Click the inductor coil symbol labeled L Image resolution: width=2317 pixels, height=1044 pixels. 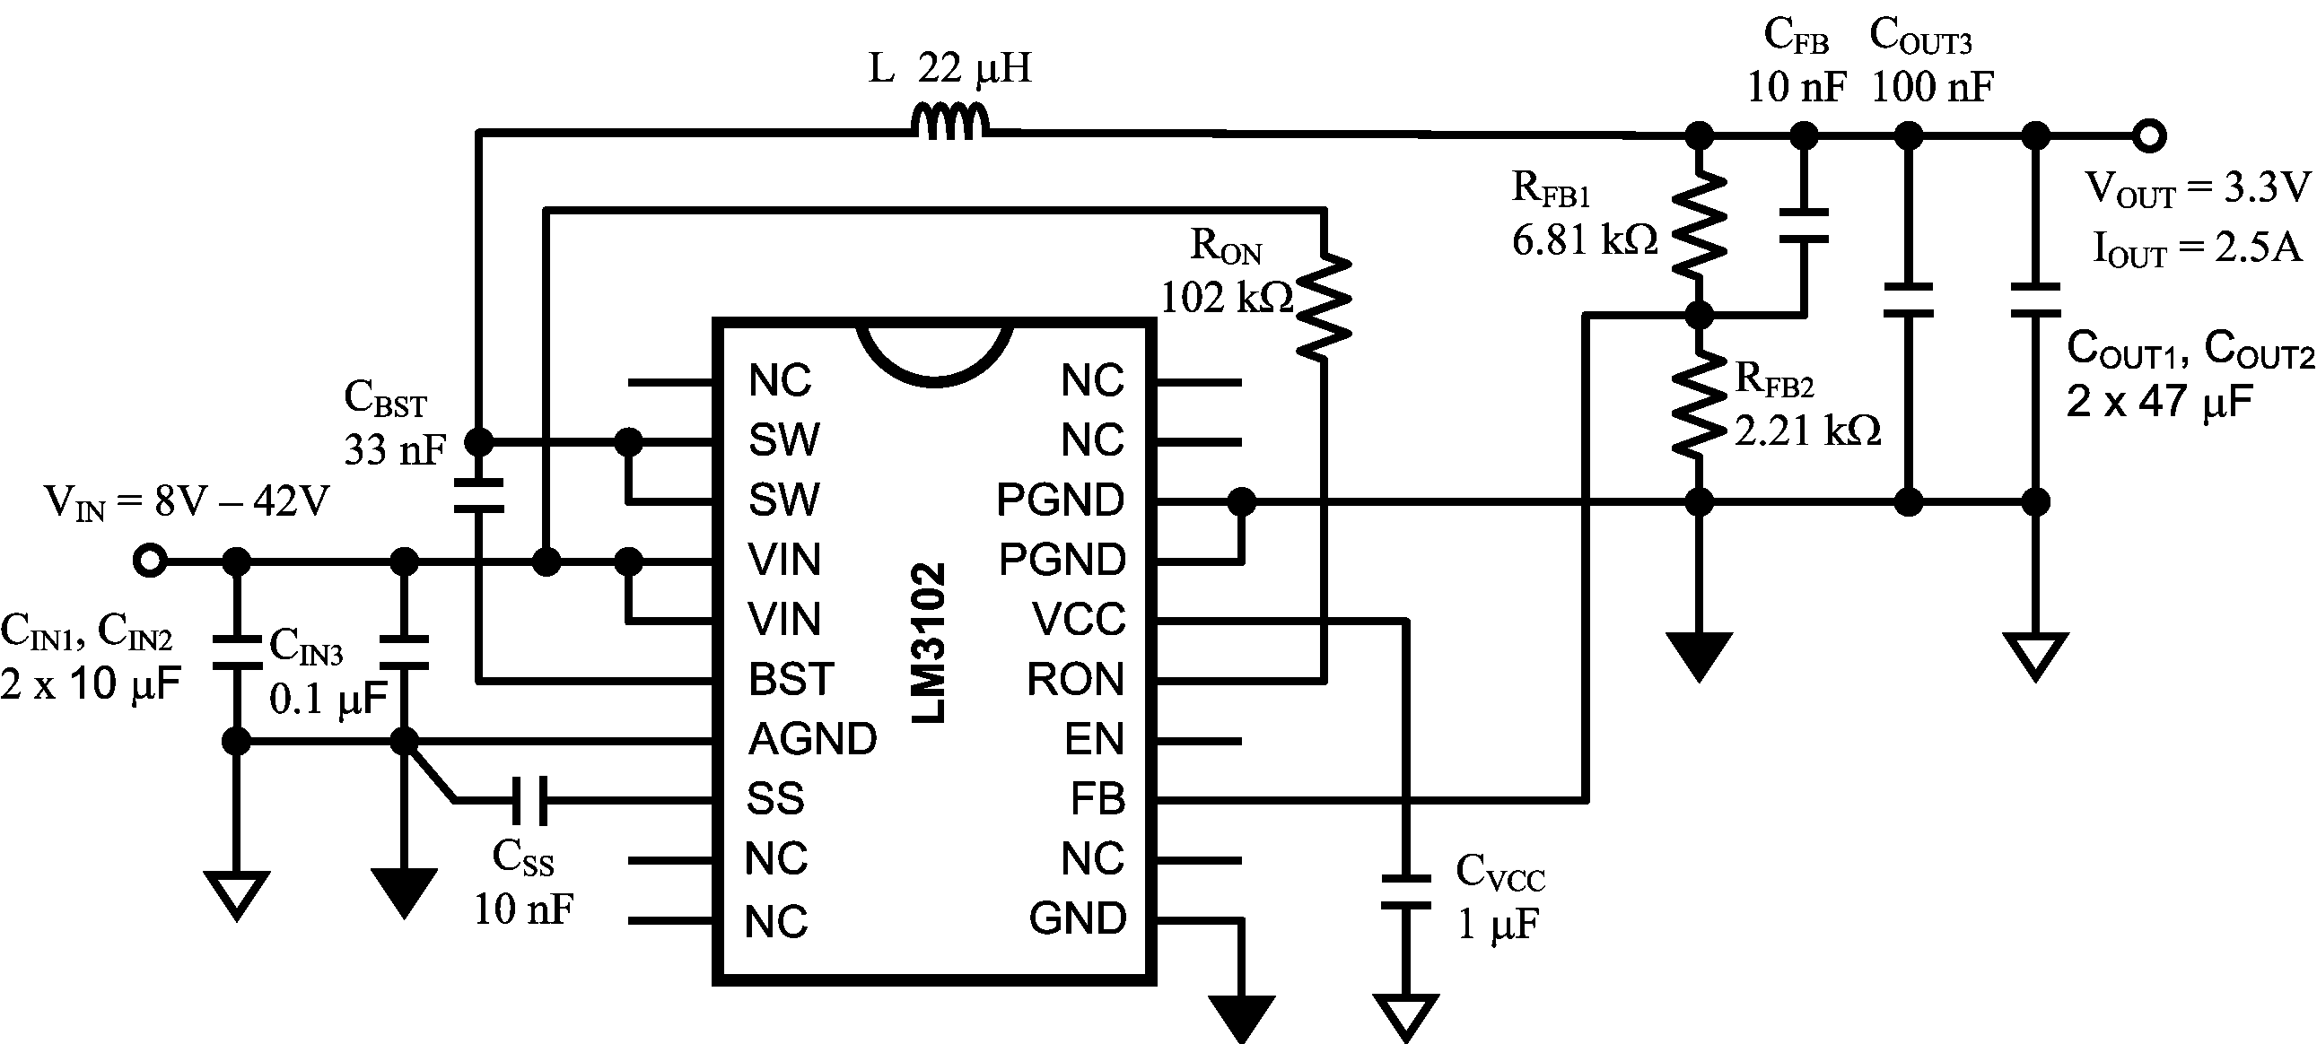coord(950,123)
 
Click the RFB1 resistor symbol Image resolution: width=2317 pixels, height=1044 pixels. coord(1698,225)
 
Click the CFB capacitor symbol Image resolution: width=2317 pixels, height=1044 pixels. coord(1804,226)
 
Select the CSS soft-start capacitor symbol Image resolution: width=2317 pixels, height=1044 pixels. coord(529,800)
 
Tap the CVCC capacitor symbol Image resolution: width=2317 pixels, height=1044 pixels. coord(1406,892)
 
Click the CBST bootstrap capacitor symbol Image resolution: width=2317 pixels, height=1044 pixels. coord(478,496)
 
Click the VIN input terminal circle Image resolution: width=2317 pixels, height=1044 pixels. coord(150,561)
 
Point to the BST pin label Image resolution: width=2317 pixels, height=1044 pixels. coord(791,679)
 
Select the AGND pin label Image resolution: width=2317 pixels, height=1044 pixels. coord(812,739)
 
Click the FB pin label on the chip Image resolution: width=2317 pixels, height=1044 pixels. coord(1097,798)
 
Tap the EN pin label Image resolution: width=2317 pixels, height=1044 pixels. coord(1095,739)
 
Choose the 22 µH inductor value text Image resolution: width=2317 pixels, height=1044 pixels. coord(975,68)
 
